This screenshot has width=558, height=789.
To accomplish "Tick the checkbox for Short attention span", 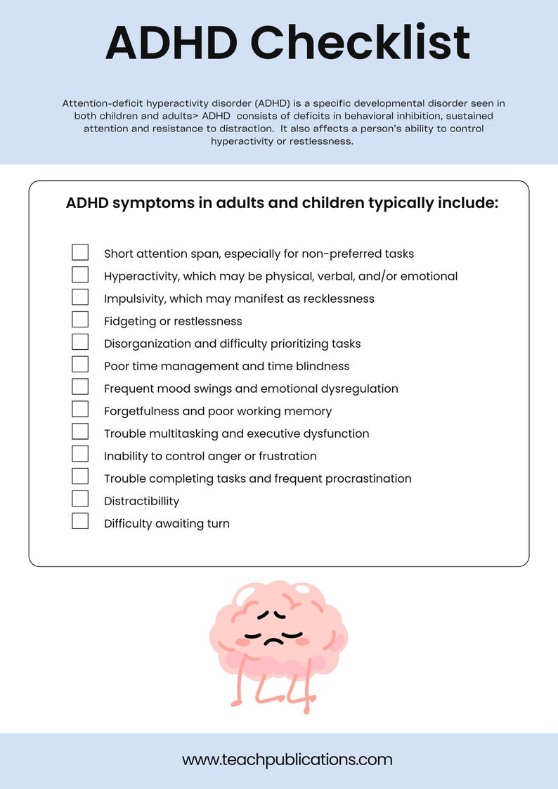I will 80,253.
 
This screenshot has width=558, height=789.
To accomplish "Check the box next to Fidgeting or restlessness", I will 80,320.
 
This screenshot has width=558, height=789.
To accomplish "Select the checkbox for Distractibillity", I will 80,500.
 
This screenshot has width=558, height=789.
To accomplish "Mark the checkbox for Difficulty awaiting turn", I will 80,522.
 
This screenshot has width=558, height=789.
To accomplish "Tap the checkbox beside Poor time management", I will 80,365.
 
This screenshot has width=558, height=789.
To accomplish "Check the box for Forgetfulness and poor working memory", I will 80,410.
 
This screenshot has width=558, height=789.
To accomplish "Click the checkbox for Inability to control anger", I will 80,455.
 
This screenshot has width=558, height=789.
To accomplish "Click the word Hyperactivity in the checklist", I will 140,276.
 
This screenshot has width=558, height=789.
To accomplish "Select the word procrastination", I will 366,478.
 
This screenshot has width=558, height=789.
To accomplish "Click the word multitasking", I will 180,433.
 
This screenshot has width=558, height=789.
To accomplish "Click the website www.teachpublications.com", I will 287,759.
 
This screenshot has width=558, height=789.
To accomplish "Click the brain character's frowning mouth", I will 274,640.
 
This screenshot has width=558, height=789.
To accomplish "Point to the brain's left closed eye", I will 264,615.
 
